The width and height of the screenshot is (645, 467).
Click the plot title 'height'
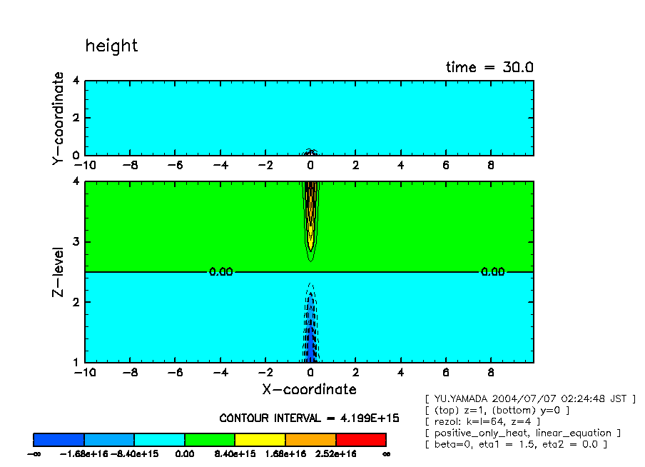[x=111, y=46]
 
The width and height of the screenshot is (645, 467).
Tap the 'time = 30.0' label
[x=489, y=68]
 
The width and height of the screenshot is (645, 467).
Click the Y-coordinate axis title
[x=59, y=119]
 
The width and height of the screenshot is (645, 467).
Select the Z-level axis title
[x=59, y=273]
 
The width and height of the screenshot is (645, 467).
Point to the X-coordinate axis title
[x=308, y=390]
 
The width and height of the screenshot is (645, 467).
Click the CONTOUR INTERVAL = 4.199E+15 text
[x=309, y=418]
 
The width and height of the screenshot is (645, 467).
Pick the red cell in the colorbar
[x=360, y=439]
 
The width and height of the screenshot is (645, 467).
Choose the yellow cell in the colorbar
[x=260, y=439]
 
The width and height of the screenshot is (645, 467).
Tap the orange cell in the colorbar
[x=310, y=439]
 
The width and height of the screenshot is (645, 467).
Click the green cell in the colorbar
[x=210, y=439]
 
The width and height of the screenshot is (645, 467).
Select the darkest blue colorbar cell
[x=59, y=439]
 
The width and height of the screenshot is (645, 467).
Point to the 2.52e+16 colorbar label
[x=335, y=453]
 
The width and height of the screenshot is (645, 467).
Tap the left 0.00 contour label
[x=220, y=272]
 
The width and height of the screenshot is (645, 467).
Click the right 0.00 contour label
[x=492, y=272]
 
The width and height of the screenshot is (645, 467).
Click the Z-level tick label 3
[x=76, y=242]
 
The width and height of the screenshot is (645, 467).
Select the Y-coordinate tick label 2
[x=76, y=118]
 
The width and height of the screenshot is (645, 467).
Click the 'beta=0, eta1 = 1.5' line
[x=515, y=444]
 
